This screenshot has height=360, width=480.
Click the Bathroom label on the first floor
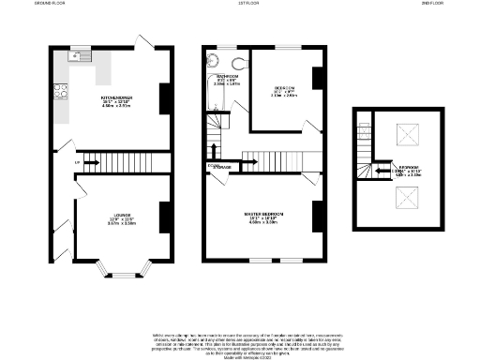pos(227,78)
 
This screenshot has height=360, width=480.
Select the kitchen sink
pos(78,57)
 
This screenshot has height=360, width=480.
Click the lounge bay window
pos(124,273)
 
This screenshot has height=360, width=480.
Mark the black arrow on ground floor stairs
pos(94,162)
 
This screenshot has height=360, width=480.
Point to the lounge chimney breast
pos(164,217)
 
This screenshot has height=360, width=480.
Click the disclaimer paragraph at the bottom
pos(240,344)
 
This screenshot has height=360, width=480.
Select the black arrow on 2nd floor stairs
pos(382,171)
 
